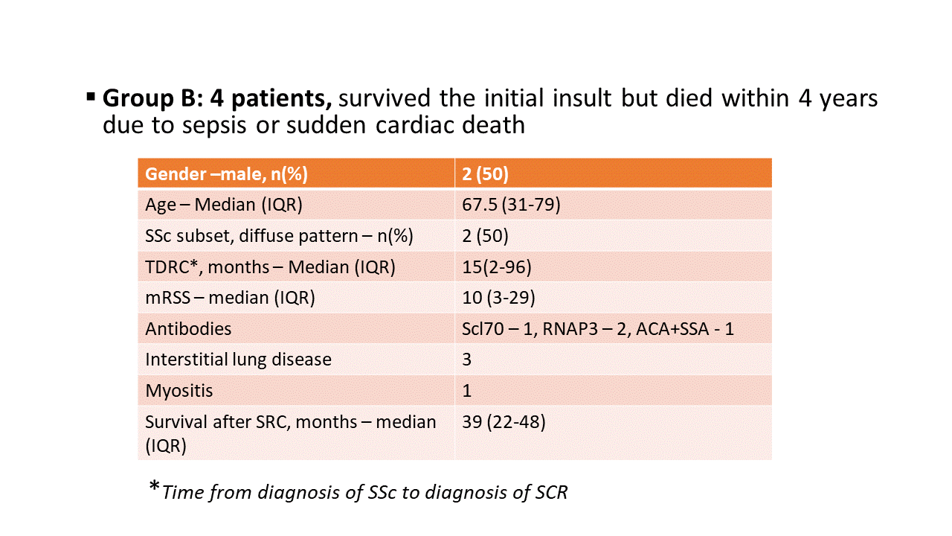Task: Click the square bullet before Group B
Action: [91, 97]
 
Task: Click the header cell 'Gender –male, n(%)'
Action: [226, 173]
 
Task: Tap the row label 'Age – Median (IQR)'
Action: [224, 205]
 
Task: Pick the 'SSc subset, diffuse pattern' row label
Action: [279, 236]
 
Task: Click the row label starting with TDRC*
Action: [269, 267]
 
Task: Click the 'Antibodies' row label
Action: [188, 328]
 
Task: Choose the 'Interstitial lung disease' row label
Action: [238, 360]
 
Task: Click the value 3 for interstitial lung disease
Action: [466, 360]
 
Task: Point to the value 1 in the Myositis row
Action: [466, 391]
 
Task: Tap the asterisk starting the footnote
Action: [154, 488]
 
